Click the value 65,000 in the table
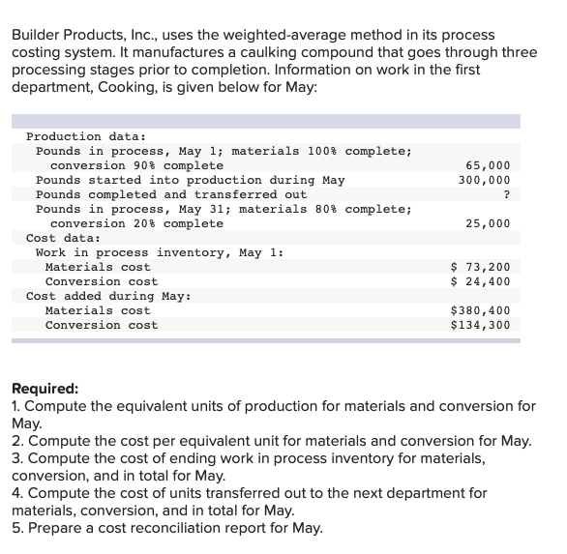488,166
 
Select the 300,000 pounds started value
484,181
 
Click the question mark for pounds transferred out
506,195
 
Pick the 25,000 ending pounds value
488,224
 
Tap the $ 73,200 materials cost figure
481,267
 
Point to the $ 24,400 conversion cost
481,281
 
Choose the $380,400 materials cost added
481,310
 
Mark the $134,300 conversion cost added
481,325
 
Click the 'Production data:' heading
86,137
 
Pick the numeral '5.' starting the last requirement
17,528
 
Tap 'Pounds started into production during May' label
190,181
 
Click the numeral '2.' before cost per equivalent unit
17,441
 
